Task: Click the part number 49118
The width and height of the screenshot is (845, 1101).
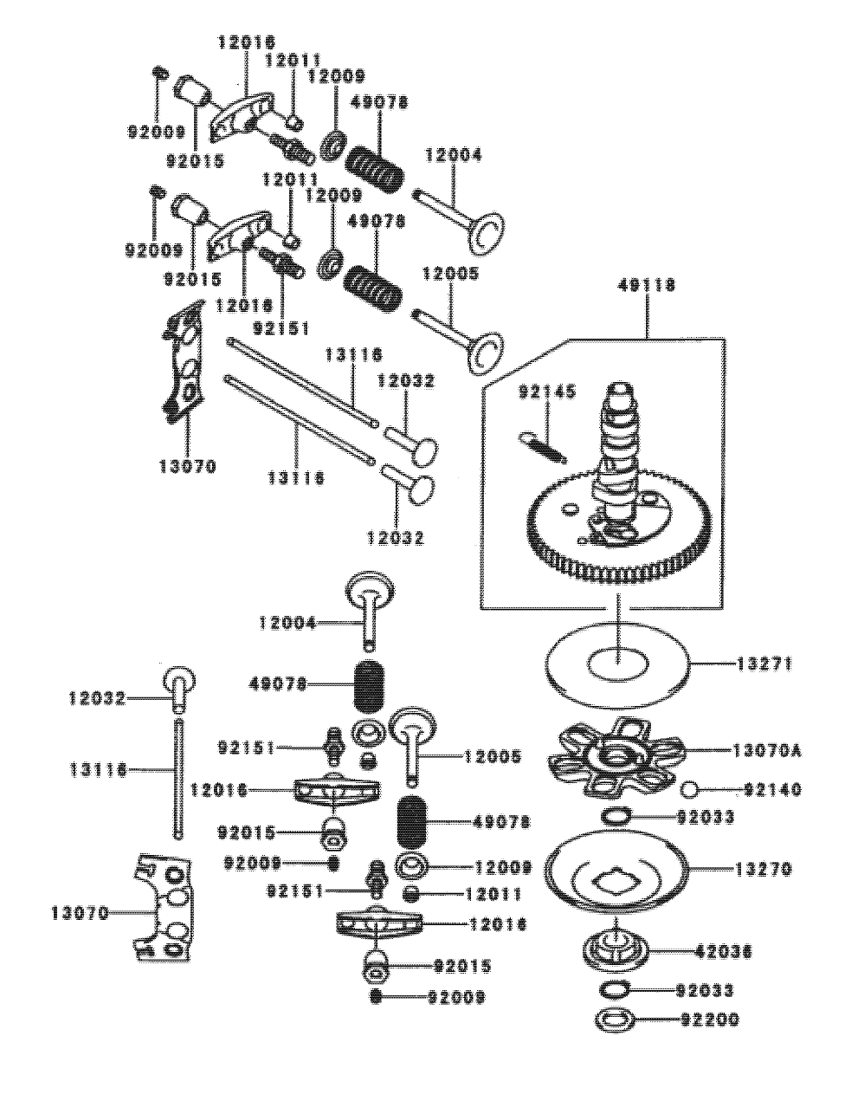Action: pyautogui.click(x=647, y=285)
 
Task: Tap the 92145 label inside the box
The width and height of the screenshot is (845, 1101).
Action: pyautogui.click(x=547, y=392)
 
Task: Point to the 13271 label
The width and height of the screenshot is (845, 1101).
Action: pyautogui.click(x=766, y=664)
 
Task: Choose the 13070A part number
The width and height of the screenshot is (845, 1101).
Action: pyautogui.click(x=766, y=750)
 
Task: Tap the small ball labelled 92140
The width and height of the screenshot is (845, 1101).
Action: pyautogui.click(x=690, y=789)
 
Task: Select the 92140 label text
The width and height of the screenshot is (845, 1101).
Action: pyautogui.click(x=772, y=790)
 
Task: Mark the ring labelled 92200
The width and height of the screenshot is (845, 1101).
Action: pyautogui.click(x=615, y=1020)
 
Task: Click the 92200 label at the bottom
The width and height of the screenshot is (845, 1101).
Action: pyautogui.click(x=708, y=1020)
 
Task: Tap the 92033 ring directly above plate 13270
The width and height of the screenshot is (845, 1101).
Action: pyautogui.click(x=616, y=816)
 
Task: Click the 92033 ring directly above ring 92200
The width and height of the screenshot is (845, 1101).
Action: pyautogui.click(x=615, y=990)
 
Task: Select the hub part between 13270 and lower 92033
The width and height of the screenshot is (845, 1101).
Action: pyautogui.click(x=616, y=950)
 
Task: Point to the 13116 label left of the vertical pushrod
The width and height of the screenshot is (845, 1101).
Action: pyautogui.click(x=98, y=768)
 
